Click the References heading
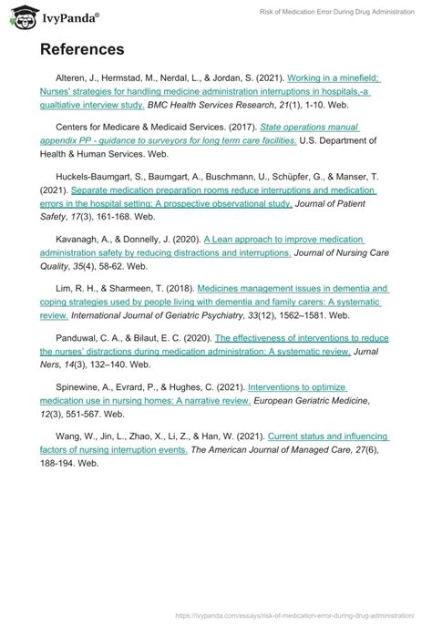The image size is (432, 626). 82,47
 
